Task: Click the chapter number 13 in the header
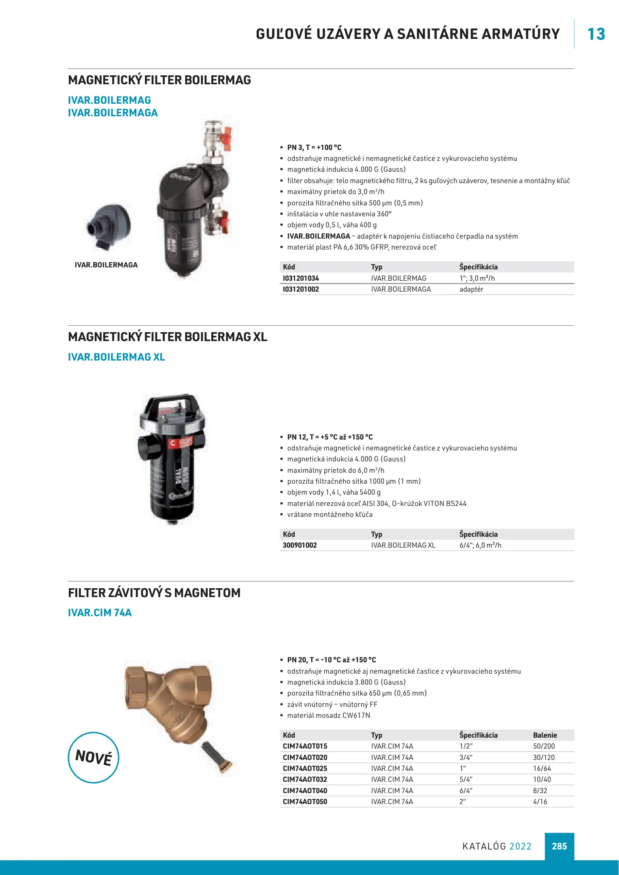[x=596, y=34]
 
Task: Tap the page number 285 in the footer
[x=559, y=846]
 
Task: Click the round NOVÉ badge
[x=94, y=757]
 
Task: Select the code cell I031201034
[x=301, y=278]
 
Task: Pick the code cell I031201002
[x=301, y=289]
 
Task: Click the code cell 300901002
[x=300, y=545]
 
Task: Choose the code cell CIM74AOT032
[x=305, y=779]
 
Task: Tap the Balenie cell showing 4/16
[x=540, y=802]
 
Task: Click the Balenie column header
[x=545, y=735]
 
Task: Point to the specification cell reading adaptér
[x=471, y=289]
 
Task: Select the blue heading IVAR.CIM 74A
[x=100, y=612]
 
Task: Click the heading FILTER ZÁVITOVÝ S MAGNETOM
[x=154, y=593]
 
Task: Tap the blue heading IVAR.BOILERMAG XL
[x=117, y=357]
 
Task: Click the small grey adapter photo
[x=108, y=226]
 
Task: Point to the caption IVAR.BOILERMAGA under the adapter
[x=106, y=265]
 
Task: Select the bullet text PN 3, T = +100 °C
[x=314, y=147]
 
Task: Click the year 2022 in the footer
[x=520, y=846]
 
